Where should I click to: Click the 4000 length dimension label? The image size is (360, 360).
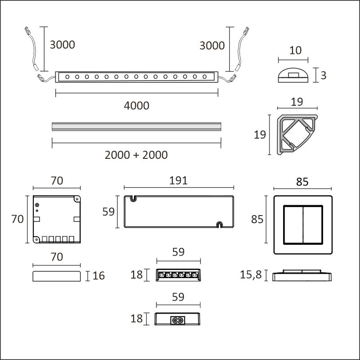tap(137, 106)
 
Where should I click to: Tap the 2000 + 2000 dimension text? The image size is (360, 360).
tap(136, 155)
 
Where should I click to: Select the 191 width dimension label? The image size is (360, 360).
tap(178, 181)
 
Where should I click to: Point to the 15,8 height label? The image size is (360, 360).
tap(251, 274)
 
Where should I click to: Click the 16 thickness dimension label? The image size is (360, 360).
tap(99, 276)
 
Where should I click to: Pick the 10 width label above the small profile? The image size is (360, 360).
tap(295, 50)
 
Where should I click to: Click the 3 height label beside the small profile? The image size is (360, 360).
tap(323, 76)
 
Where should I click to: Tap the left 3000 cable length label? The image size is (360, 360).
tap(62, 45)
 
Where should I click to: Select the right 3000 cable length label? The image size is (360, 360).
tap(212, 45)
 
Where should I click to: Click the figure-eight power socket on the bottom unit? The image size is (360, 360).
tap(178, 320)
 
